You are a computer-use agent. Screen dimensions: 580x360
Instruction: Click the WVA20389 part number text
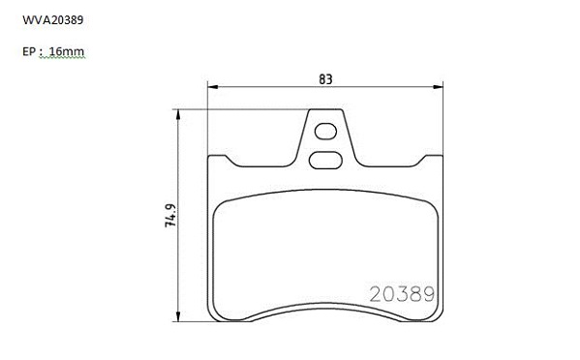point(53,20)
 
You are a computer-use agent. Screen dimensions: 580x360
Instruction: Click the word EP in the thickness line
point(29,51)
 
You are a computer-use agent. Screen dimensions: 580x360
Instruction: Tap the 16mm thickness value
point(67,51)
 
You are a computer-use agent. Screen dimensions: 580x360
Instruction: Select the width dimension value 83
point(325,79)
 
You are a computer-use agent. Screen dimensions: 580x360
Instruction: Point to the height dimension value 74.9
point(170,216)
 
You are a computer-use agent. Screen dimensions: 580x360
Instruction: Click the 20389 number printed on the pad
point(402,294)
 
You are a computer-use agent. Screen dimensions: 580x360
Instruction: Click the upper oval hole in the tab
point(325,132)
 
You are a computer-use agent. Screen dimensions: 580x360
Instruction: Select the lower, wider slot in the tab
point(325,160)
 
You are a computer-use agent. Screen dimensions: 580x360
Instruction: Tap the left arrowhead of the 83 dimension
point(213,87)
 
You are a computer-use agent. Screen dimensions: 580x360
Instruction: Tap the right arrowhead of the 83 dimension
point(438,87)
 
